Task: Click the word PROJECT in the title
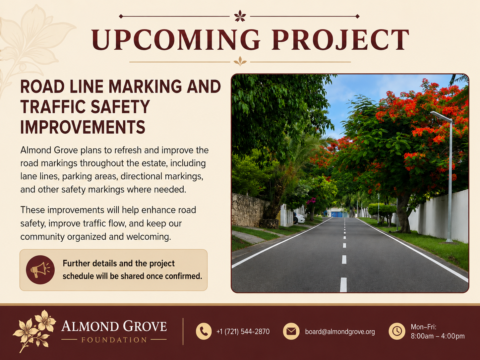(x=340, y=39)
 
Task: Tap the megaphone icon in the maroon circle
(x=40, y=270)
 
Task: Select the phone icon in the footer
(x=204, y=331)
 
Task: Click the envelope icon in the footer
(x=291, y=331)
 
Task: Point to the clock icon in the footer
(x=397, y=331)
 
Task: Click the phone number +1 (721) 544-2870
(x=243, y=332)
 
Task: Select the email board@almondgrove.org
(x=340, y=332)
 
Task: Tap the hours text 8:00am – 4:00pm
(x=438, y=336)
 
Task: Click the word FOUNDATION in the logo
(x=114, y=340)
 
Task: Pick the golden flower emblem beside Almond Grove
(x=34, y=331)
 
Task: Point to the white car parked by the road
(x=299, y=218)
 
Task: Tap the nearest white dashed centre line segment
(x=343, y=285)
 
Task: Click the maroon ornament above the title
(x=240, y=16)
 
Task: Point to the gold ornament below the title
(x=240, y=61)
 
